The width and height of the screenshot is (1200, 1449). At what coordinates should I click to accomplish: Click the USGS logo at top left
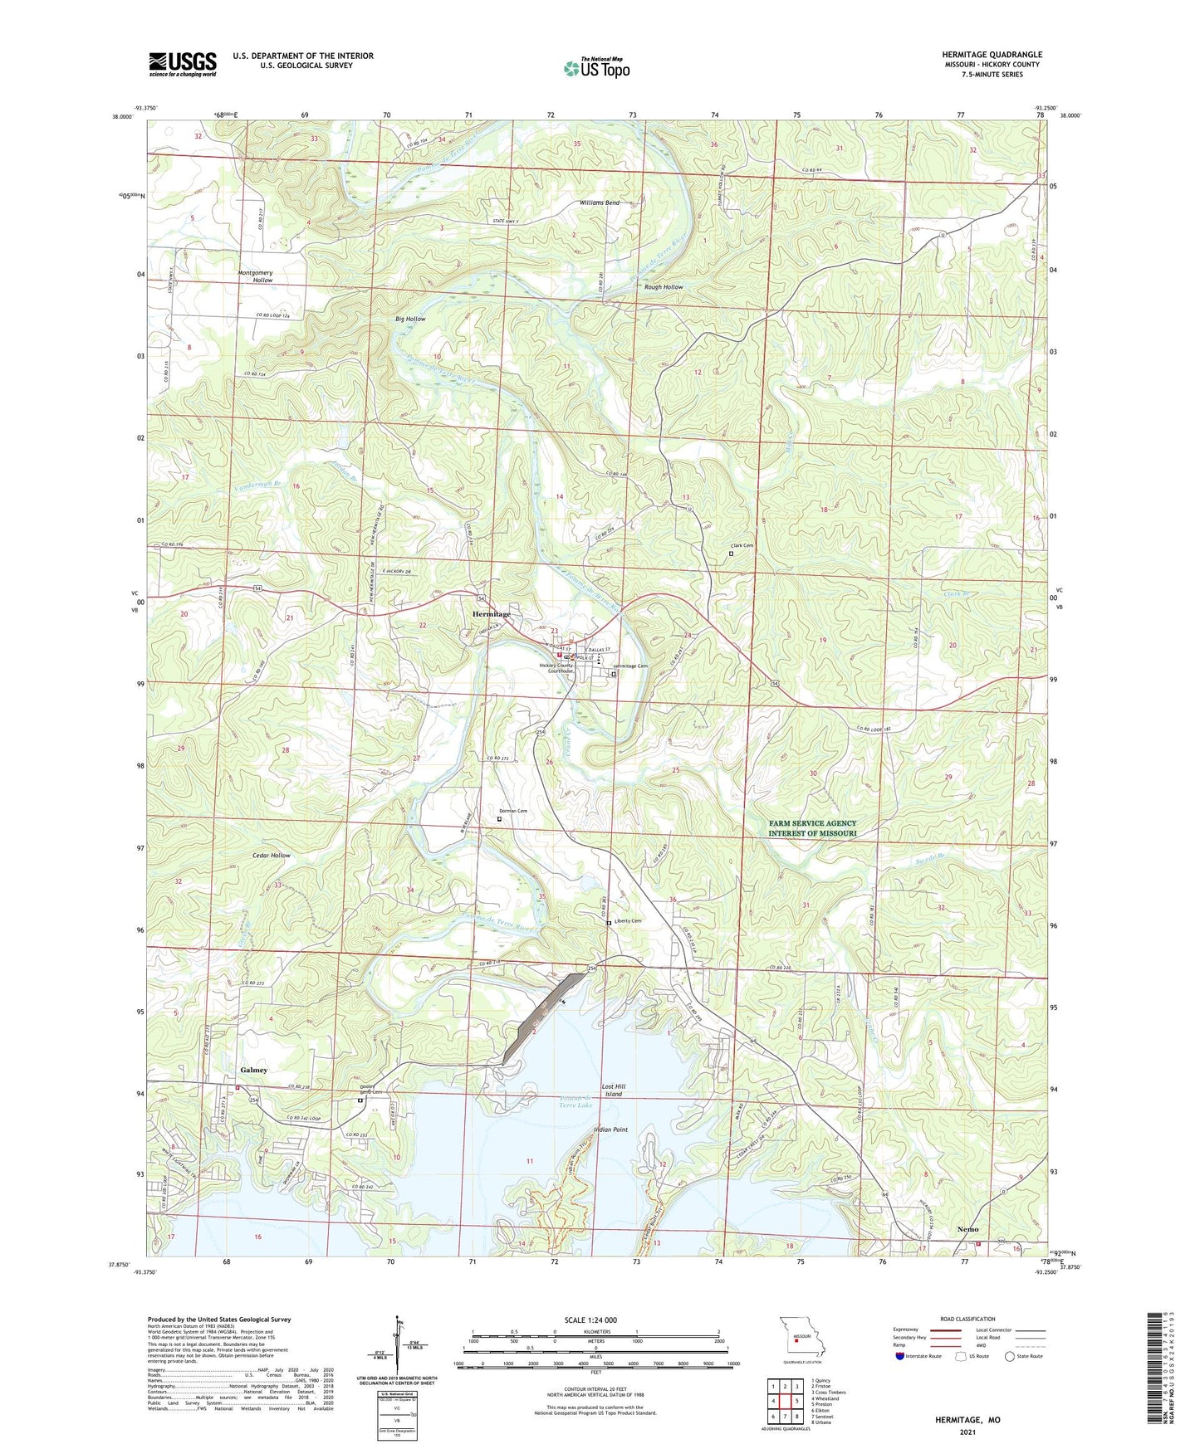click(183, 64)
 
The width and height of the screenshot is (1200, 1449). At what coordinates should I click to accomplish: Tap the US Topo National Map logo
click(596, 68)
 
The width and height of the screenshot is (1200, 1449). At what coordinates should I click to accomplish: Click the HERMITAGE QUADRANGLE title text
click(992, 55)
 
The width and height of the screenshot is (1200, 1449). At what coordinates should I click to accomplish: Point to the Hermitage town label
click(492, 613)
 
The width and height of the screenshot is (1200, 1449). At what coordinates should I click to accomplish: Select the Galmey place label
click(254, 1070)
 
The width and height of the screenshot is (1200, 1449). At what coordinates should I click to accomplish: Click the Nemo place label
click(967, 1229)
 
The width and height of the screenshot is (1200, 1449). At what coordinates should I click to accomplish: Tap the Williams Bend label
click(600, 203)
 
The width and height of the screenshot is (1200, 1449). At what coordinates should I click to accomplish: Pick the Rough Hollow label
click(664, 287)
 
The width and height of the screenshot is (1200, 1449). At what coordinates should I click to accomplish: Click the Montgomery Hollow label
click(255, 276)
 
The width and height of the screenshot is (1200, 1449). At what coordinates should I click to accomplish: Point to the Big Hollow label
click(410, 319)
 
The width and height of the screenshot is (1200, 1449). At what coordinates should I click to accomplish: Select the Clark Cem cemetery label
click(742, 545)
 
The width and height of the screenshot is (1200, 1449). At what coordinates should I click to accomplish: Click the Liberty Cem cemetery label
click(627, 921)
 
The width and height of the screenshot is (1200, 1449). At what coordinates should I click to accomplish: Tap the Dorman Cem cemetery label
click(512, 811)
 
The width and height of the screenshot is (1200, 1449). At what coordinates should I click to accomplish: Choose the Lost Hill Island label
click(613, 1090)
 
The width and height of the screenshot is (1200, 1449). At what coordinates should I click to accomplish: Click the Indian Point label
click(610, 1129)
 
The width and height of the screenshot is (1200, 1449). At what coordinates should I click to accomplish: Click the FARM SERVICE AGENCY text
click(812, 823)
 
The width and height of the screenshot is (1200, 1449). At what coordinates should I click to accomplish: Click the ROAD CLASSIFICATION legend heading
click(967, 1319)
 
